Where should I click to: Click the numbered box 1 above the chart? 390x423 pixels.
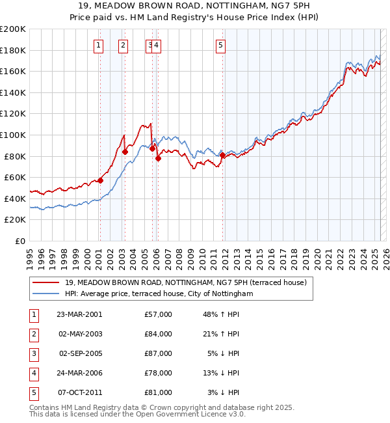pos(98,45)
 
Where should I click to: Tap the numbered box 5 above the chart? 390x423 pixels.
pos(221,45)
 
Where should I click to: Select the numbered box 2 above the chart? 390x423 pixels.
pos(123,45)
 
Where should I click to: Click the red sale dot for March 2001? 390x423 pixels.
pos(100,180)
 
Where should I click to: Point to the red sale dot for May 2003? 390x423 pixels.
pos(125,152)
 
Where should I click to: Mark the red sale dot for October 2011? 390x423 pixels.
pos(222,155)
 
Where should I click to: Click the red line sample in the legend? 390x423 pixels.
pos(46,282)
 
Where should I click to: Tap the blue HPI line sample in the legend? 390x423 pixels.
pos(46,293)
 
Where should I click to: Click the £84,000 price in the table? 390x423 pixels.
pos(159,334)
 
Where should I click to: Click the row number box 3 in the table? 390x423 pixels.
pos(32,353)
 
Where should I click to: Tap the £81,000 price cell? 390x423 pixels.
pos(159,392)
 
